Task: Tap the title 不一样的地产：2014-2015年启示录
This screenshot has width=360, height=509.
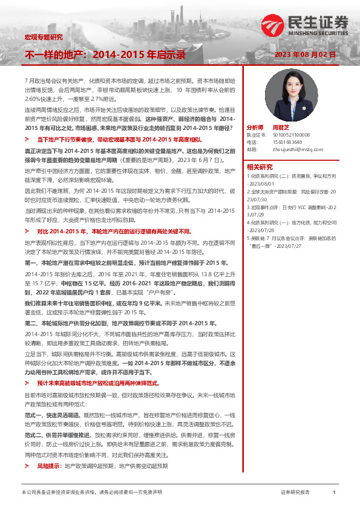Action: (104, 54)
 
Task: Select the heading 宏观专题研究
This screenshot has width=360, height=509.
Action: (43, 37)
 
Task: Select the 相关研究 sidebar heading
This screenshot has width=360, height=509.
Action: (260, 167)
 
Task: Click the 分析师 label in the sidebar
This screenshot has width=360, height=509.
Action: (255, 128)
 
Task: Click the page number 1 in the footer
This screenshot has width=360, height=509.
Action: (333, 493)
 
